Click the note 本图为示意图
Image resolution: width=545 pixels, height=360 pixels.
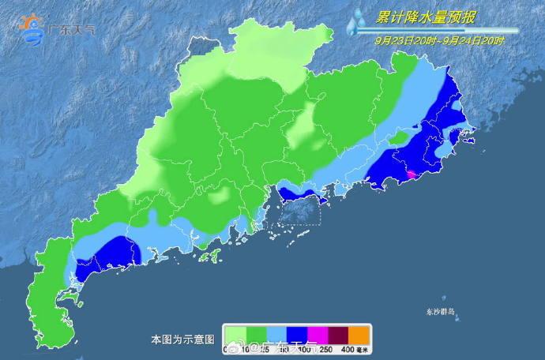182,339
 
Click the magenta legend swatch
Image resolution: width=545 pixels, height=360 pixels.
318,334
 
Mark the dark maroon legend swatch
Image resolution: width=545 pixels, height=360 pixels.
338,334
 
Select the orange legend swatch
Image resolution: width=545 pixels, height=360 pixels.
359,334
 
